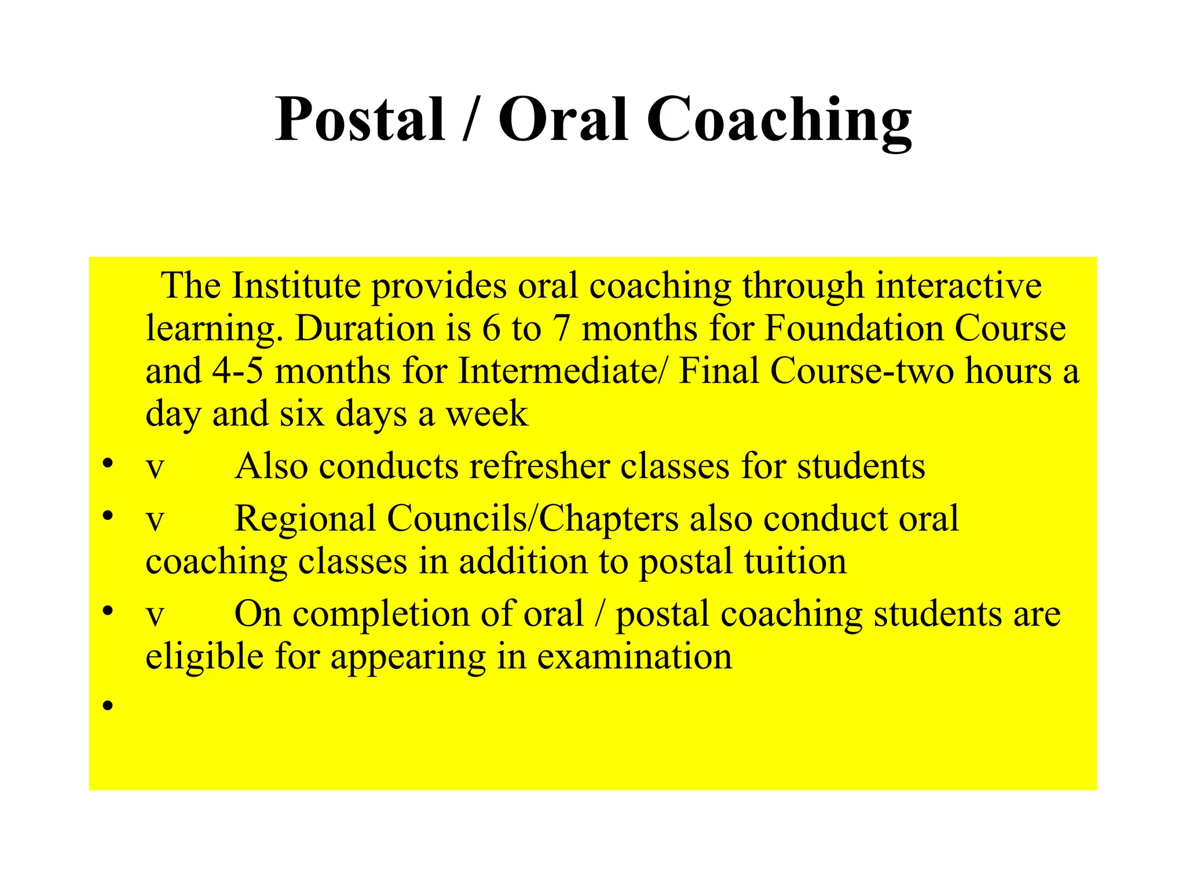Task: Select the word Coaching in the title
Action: coord(779,120)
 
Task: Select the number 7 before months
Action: coord(561,328)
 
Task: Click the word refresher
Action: coord(539,466)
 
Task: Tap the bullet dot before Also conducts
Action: coord(108,463)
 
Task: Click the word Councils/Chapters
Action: coord(533,518)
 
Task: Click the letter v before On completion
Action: coord(155,615)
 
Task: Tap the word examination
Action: coord(634,657)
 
